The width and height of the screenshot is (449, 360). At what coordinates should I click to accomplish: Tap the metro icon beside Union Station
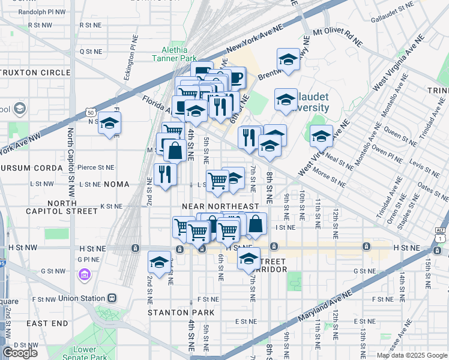point(112,298)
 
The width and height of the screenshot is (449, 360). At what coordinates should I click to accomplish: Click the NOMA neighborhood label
point(116,185)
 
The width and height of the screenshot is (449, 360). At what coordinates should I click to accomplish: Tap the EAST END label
point(47,323)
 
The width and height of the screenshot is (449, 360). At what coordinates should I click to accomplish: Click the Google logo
point(20,352)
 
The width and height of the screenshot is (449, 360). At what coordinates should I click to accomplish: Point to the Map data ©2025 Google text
point(412,355)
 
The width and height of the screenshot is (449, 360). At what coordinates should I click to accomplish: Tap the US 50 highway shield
point(90,112)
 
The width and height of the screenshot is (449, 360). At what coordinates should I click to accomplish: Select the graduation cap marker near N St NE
point(109,123)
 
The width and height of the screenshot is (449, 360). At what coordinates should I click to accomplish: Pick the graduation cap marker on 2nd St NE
point(159,262)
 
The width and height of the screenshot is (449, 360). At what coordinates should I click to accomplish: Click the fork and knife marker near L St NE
point(164,174)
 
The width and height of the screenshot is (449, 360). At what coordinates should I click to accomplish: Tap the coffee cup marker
point(235,77)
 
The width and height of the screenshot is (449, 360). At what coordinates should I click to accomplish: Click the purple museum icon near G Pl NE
point(84,275)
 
